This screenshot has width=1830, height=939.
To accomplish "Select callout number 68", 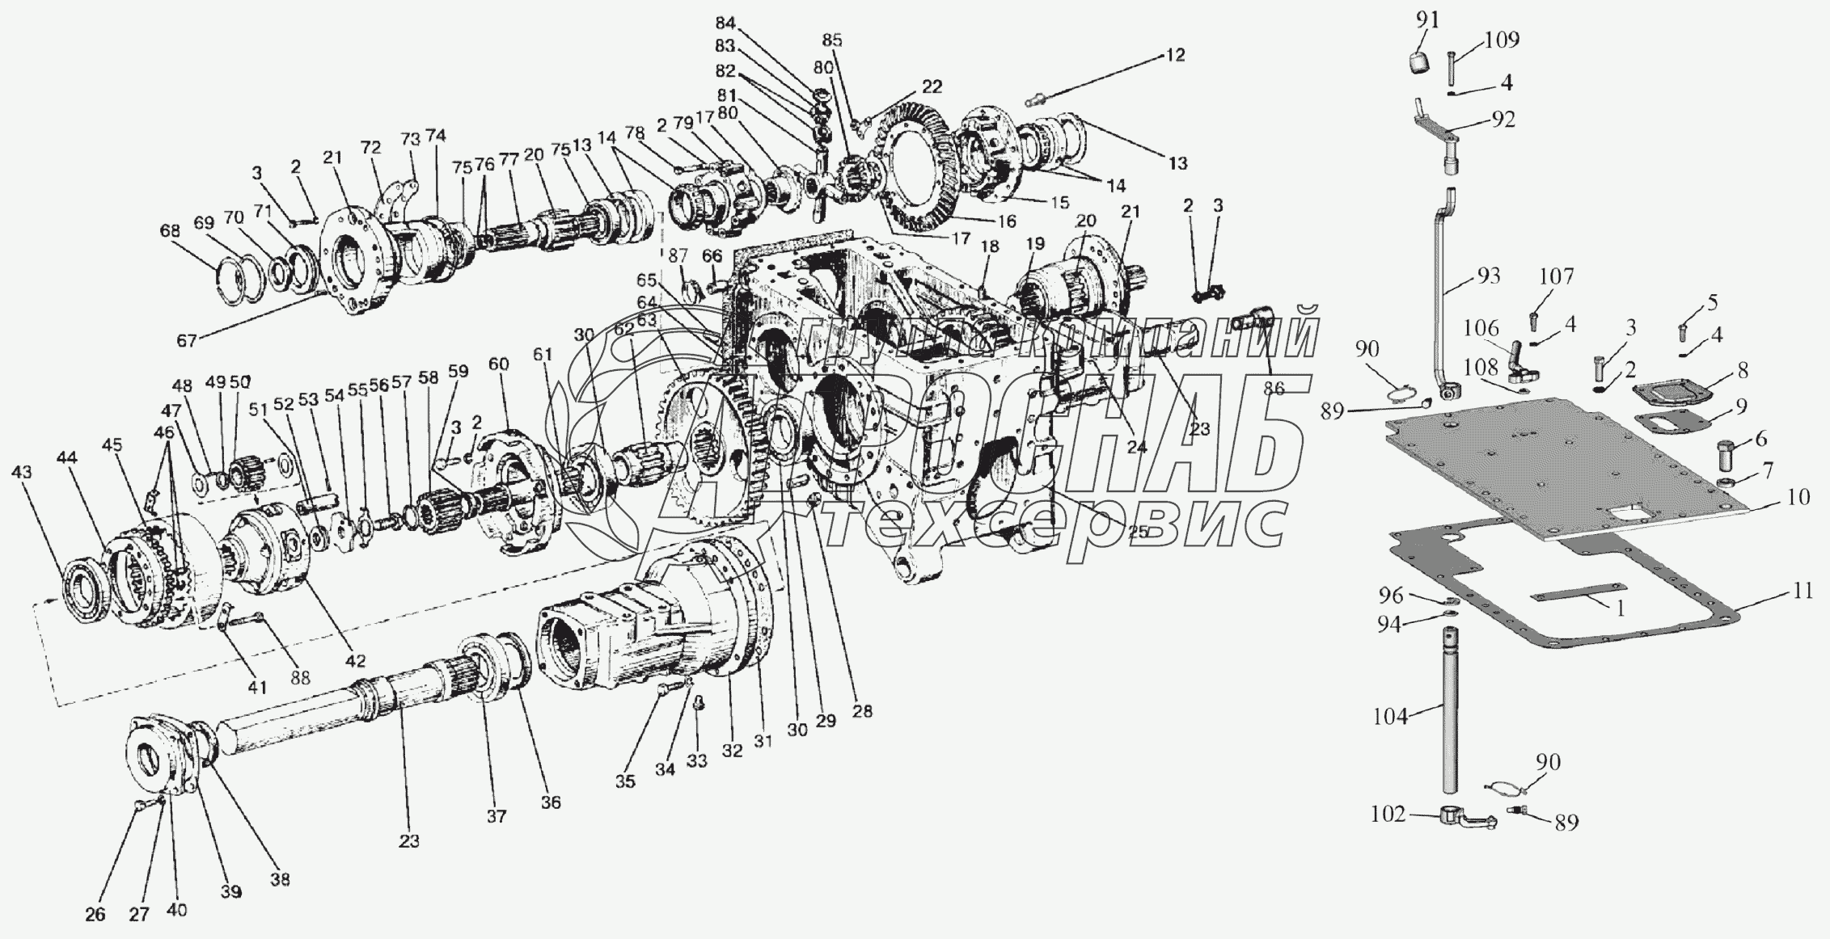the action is [x=170, y=231].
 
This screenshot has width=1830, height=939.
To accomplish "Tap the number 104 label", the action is [x=1391, y=716].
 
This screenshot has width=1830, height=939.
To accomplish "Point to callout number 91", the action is [x=1427, y=20].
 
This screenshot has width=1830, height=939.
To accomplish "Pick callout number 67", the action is [x=187, y=340].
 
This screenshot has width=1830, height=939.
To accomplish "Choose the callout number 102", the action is [x=1388, y=815].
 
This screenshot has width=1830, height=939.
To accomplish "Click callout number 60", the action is [x=499, y=364].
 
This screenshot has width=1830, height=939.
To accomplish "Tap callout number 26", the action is [x=95, y=915].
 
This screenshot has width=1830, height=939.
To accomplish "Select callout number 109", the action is [x=1502, y=40].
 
